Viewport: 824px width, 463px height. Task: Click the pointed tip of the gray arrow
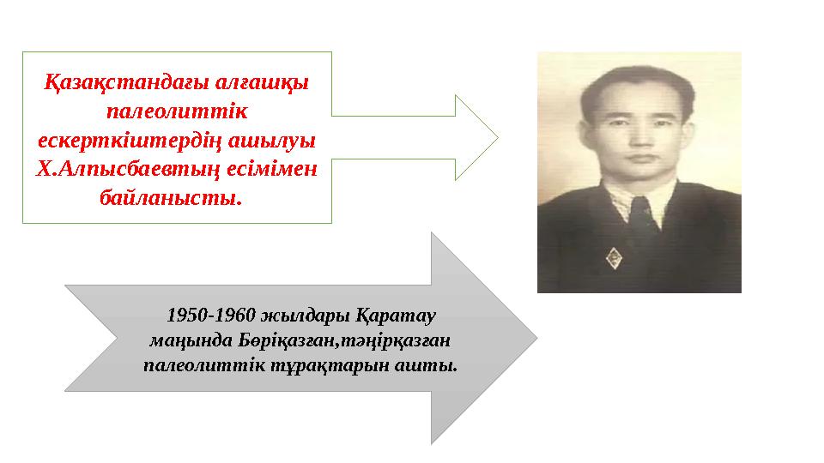[x=536, y=339]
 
